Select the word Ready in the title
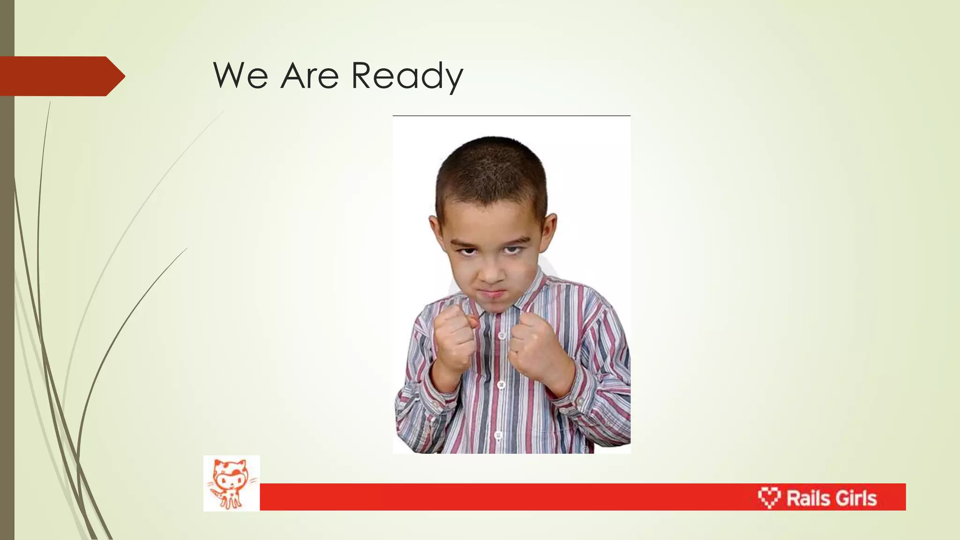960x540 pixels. pyautogui.click(x=407, y=76)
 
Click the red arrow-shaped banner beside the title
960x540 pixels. pyautogui.click(x=61, y=76)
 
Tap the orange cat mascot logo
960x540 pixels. pyautogui.click(x=231, y=483)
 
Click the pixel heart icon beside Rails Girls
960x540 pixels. pyautogui.click(x=769, y=497)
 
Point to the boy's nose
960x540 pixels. pyautogui.click(x=491, y=272)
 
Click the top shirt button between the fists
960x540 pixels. pyautogui.click(x=502, y=336)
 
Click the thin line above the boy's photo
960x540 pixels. pyautogui.click(x=511, y=115)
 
